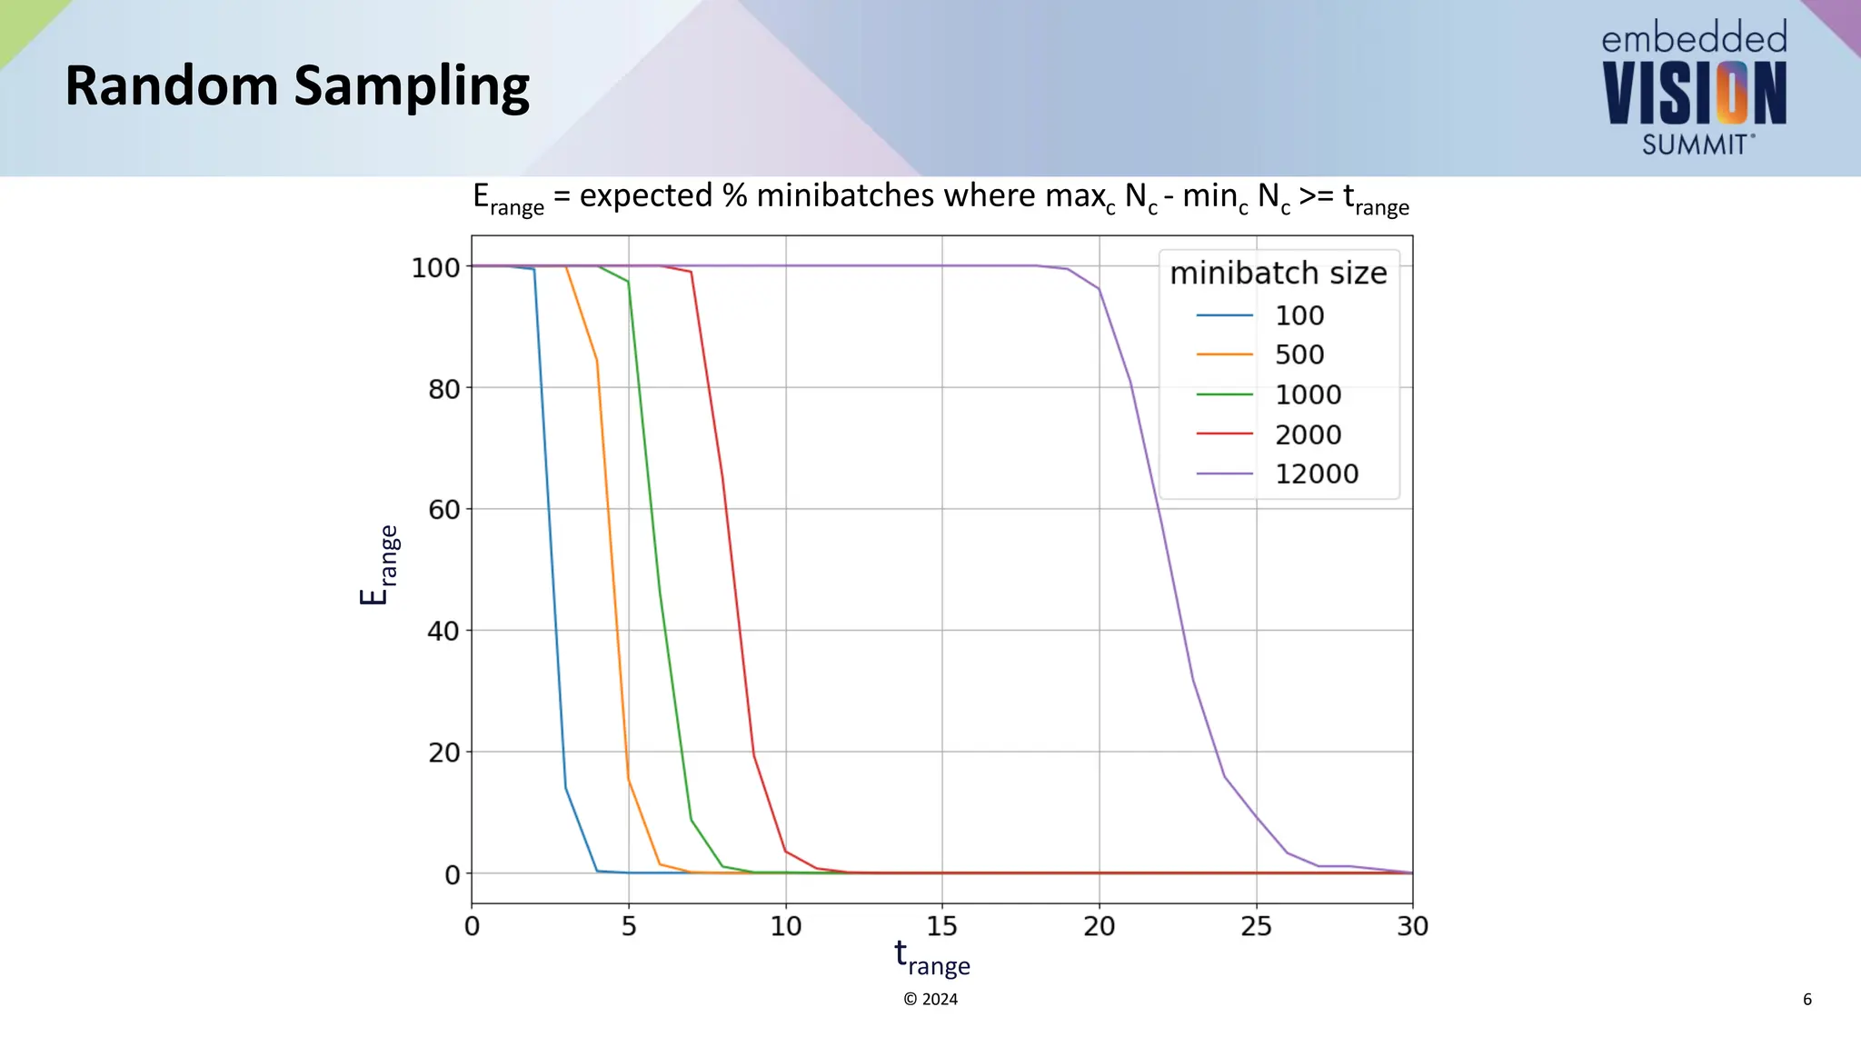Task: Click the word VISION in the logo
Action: click(x=1694, y=95)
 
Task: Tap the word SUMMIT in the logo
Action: click(x=1694, y=145)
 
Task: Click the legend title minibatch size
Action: click(x=1278, y=273)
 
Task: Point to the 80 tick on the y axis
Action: click(x=443, y=389)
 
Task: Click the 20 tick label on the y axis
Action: click(x=443, y=753)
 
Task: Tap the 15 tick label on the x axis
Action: click(x=942, y=926)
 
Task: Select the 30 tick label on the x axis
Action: click(x=1412, y=926)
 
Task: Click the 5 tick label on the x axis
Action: click(x=629, y=926)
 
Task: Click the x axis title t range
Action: click(x=931, y=958)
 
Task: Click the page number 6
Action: click(x=1806, y=999)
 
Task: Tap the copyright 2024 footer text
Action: click(x=930, y=999)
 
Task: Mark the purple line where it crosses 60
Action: click(x=1162, y=509)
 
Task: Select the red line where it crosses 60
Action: click(x=726, y=509)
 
